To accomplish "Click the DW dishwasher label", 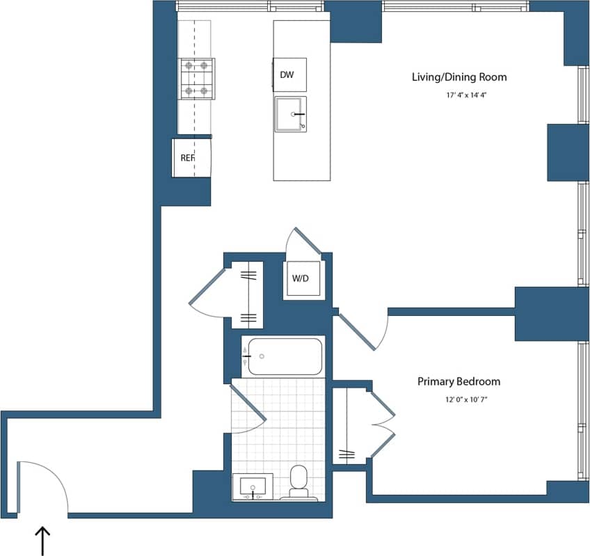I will click(x=287, y=74).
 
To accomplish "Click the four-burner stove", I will click(x=196, y=79).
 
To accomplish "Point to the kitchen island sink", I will click(x=290, y=114).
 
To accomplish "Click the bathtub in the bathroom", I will click(x=282, y=356).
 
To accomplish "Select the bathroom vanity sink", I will click(x=252, y=486).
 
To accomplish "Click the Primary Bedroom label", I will click(x=459, y=381).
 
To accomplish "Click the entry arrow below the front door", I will click(x=43, y=541).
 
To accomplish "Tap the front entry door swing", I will click(x=42, y=487).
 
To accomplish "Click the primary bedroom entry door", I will click(x=362, y=333).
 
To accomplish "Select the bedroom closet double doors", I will click(x=383, y=424).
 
